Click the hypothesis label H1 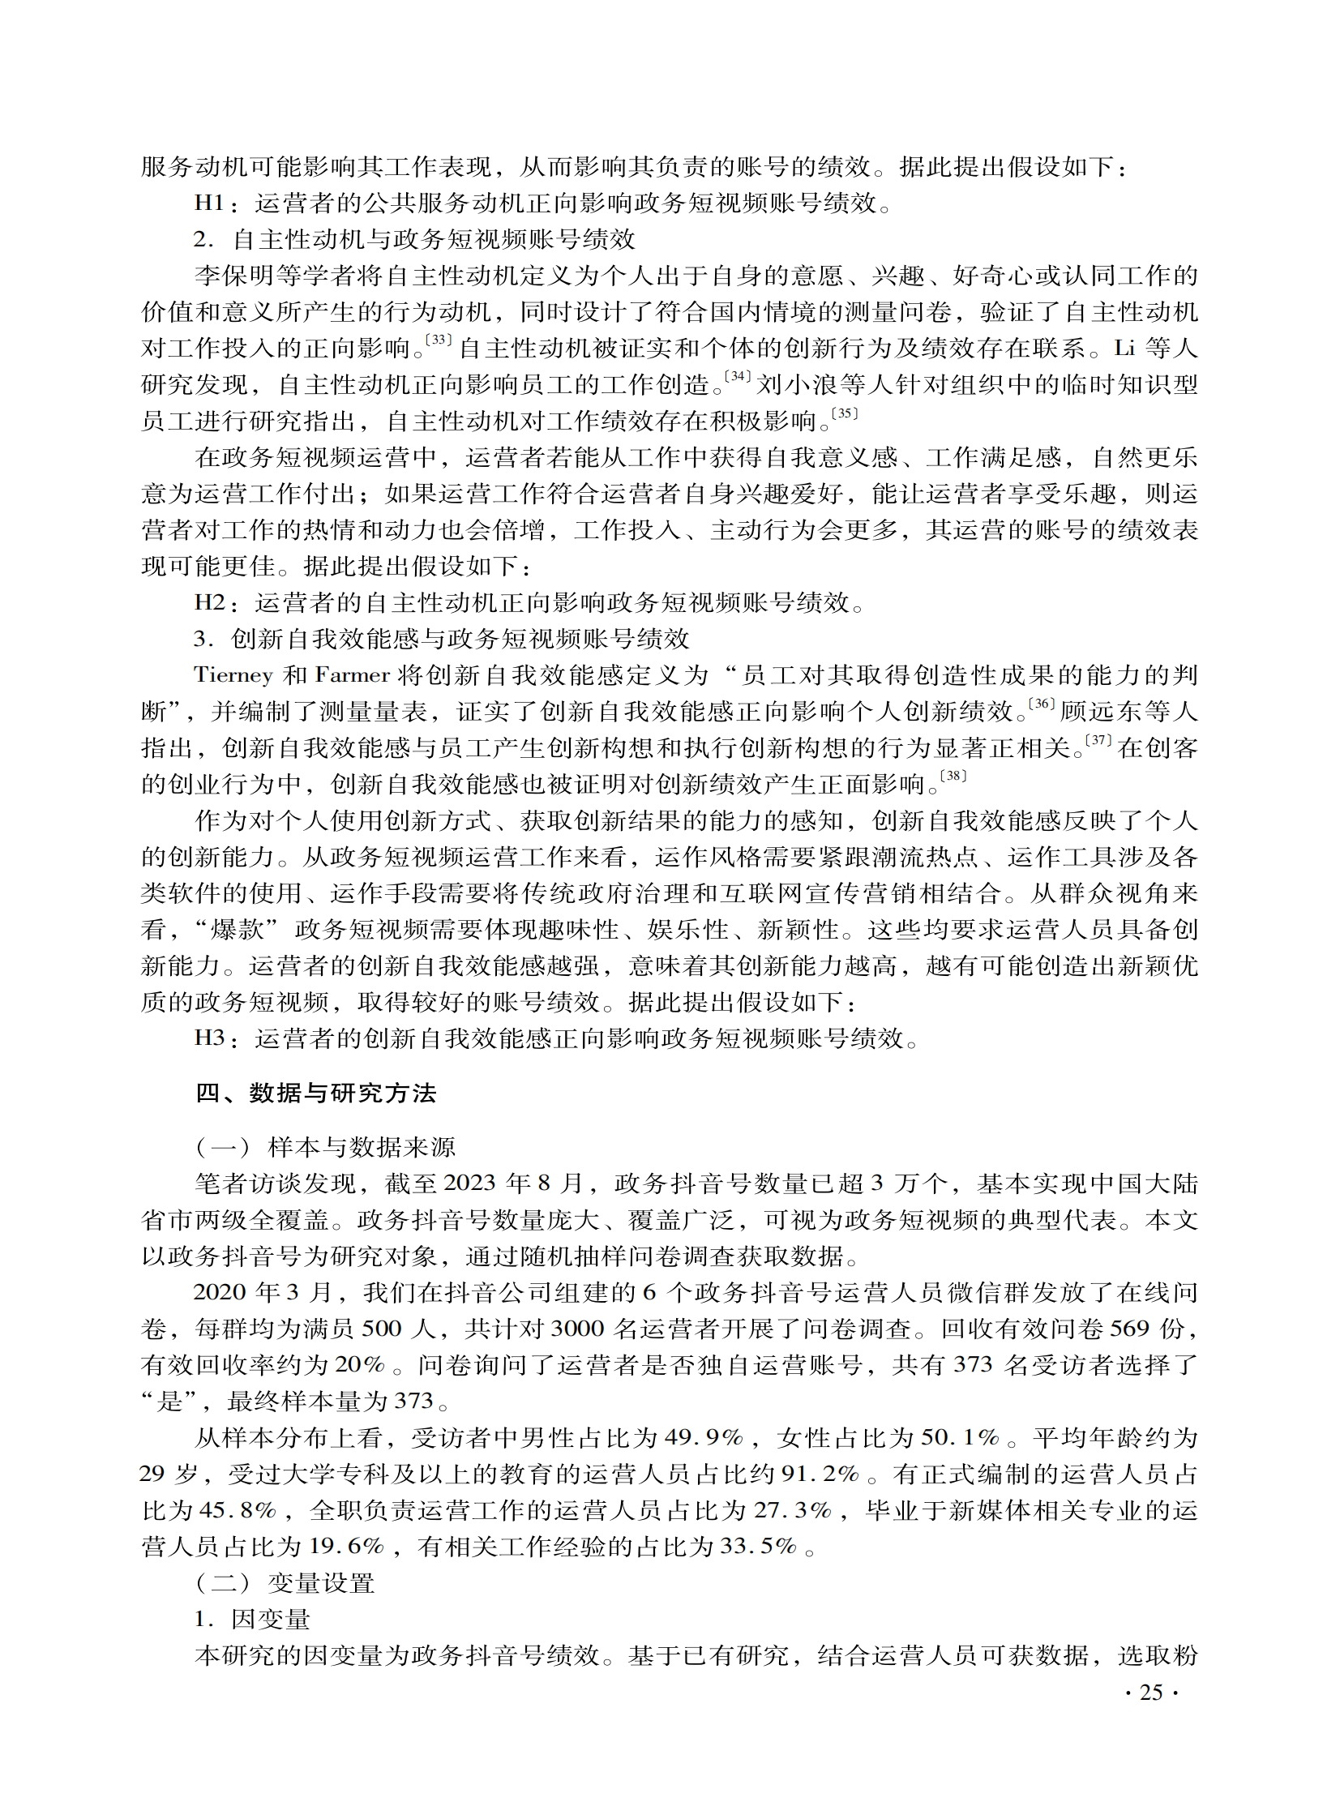[208, 203]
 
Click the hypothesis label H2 [209, 602]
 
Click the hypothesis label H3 [209, 1038]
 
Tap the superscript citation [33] [439, 340]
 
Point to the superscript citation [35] [845, 413]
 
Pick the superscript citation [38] [953, 777]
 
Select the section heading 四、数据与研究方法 [315, 1094]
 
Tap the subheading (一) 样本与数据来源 [325, 1148]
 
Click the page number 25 [1151, 1693]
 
